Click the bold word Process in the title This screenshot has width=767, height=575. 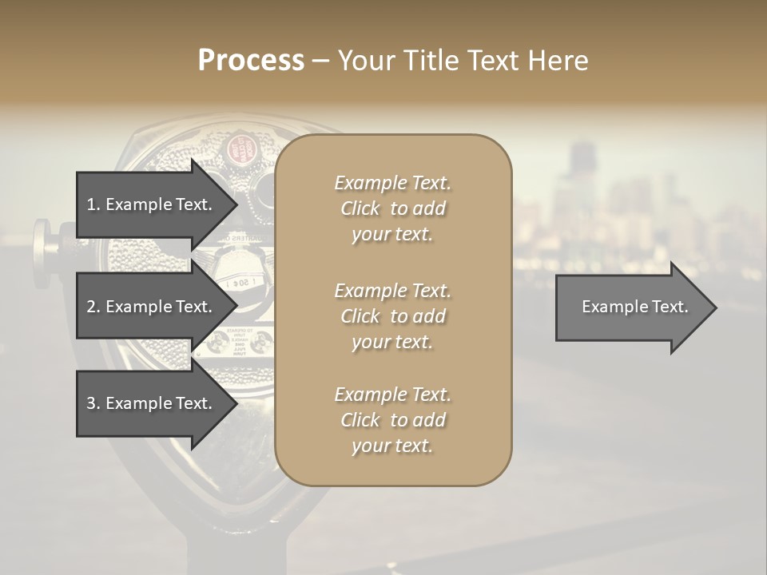click(251, 61)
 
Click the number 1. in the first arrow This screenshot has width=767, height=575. click(93, 204)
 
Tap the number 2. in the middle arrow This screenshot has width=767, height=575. click(93, 307)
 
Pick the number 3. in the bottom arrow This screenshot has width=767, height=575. click(93, 403)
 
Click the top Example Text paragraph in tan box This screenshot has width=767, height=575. click(392, 208)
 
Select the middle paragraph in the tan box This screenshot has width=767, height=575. click(392, 315)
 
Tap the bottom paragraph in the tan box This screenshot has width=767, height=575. click(392, 420)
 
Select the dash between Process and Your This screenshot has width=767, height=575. click(321, 61)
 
